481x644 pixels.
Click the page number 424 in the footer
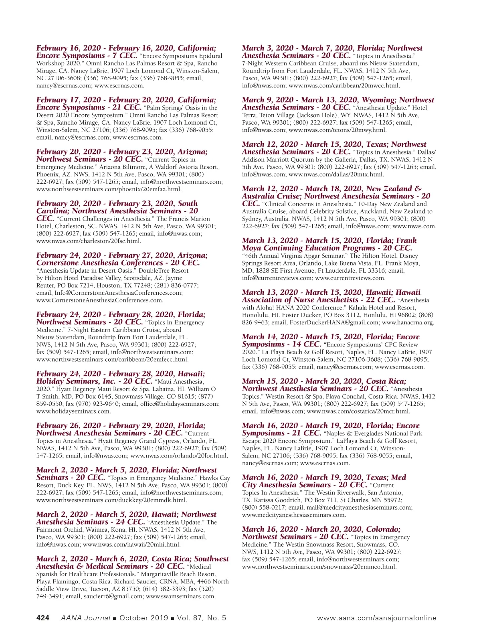tap(43, 618)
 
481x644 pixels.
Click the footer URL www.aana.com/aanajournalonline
tap(376, 618)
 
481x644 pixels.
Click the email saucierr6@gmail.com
tap(113, 596)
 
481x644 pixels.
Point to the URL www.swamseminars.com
tap(180, 596)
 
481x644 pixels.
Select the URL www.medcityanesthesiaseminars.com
tap(293, 515)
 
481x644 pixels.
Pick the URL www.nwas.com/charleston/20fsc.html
tap(89, 241)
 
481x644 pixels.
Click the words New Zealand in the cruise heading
tap(389, 188)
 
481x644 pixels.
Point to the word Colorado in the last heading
tap(383, 529)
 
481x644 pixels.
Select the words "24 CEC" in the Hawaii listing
tap(130, 522)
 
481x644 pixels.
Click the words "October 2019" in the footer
tap(143, 618)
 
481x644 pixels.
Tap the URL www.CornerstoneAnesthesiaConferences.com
tap(99, 300)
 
